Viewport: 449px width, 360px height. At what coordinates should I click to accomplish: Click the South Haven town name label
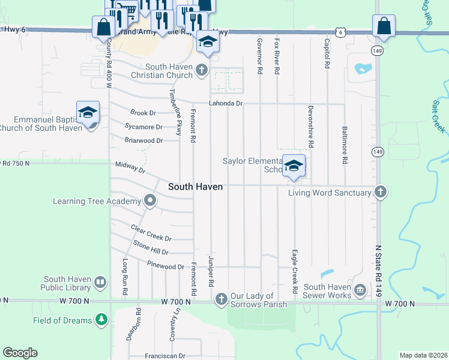click(195, 187)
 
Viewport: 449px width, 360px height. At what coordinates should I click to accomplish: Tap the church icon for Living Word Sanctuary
click(379, 192)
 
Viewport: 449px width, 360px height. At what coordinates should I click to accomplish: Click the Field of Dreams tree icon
click(101, 320)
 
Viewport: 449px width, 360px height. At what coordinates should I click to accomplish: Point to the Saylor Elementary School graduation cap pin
click(294, 166)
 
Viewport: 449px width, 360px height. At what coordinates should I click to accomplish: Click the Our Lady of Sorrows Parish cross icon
click(221, 299)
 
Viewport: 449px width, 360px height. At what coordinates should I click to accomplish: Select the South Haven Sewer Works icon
click(360, 290)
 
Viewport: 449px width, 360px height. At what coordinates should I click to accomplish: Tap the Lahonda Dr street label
click(225, 104)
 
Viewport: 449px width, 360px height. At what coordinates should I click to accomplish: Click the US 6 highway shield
click(340, 32)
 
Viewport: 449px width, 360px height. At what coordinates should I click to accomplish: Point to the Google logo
click(20, 353)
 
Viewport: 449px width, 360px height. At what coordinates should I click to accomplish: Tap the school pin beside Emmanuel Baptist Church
click(88, 112)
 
